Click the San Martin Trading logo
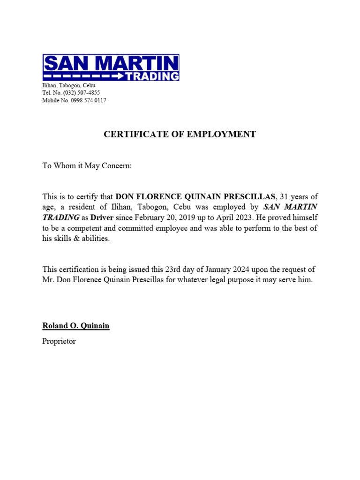[x=111, y=67]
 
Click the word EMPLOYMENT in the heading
[x=217, y=135]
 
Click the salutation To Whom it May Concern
[x=88, y=166]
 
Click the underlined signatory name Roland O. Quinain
[x=75, y=325]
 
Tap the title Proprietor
[x=59, y=341]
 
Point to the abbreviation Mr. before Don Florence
[x=48, y=280]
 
